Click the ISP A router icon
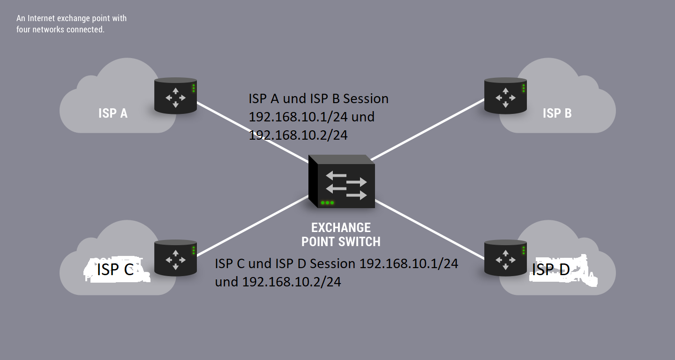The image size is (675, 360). coord(175,96)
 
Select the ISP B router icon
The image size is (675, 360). coord(505,96)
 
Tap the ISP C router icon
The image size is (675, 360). coord(175,258)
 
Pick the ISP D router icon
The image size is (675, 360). coord(505,258)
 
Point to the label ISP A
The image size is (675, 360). coord(113,113)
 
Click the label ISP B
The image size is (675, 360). coord(557,113)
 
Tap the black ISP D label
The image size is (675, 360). coord(551,270)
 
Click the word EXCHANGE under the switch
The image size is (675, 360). coord(341,228)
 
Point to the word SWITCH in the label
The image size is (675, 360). coord(361,242)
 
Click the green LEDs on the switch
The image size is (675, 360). coord(327,203)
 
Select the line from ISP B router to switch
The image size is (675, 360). coord(427,129)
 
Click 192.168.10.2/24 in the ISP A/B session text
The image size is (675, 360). coord(298,135)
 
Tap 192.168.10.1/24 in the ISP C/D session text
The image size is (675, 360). coord(408,264)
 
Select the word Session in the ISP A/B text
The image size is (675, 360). coord(366,99)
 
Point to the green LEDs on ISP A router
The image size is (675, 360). coord(194,88)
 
